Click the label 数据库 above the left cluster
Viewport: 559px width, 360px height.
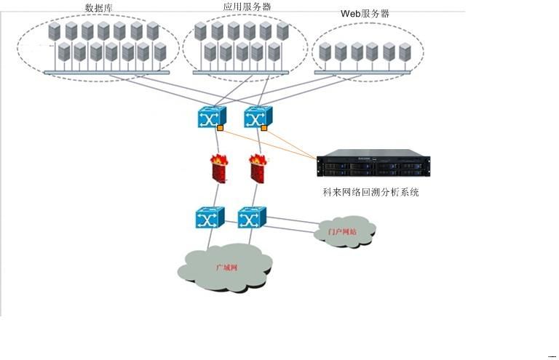coord(98,8)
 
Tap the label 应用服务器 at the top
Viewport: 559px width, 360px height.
coord(247,7)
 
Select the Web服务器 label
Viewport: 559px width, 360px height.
coord(365,14)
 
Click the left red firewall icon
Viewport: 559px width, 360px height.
coord(217,168)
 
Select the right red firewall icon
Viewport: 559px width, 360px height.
coord(256,168)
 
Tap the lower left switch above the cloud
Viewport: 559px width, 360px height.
coord(210,217)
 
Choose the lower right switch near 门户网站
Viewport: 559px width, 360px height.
coord(252,217)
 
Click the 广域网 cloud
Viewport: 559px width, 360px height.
coord(226,268)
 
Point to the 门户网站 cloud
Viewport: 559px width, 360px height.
coord(344,231)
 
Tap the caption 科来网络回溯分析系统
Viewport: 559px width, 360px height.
coord(371,193)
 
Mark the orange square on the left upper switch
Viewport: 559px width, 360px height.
coord(220,128)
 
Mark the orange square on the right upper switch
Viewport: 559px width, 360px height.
coord(264,128)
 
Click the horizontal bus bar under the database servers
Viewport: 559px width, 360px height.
coord(106,72)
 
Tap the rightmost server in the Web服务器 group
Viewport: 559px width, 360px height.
coord(405,52)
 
